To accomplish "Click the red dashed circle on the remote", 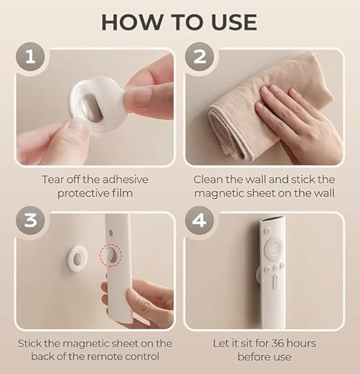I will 109,253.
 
